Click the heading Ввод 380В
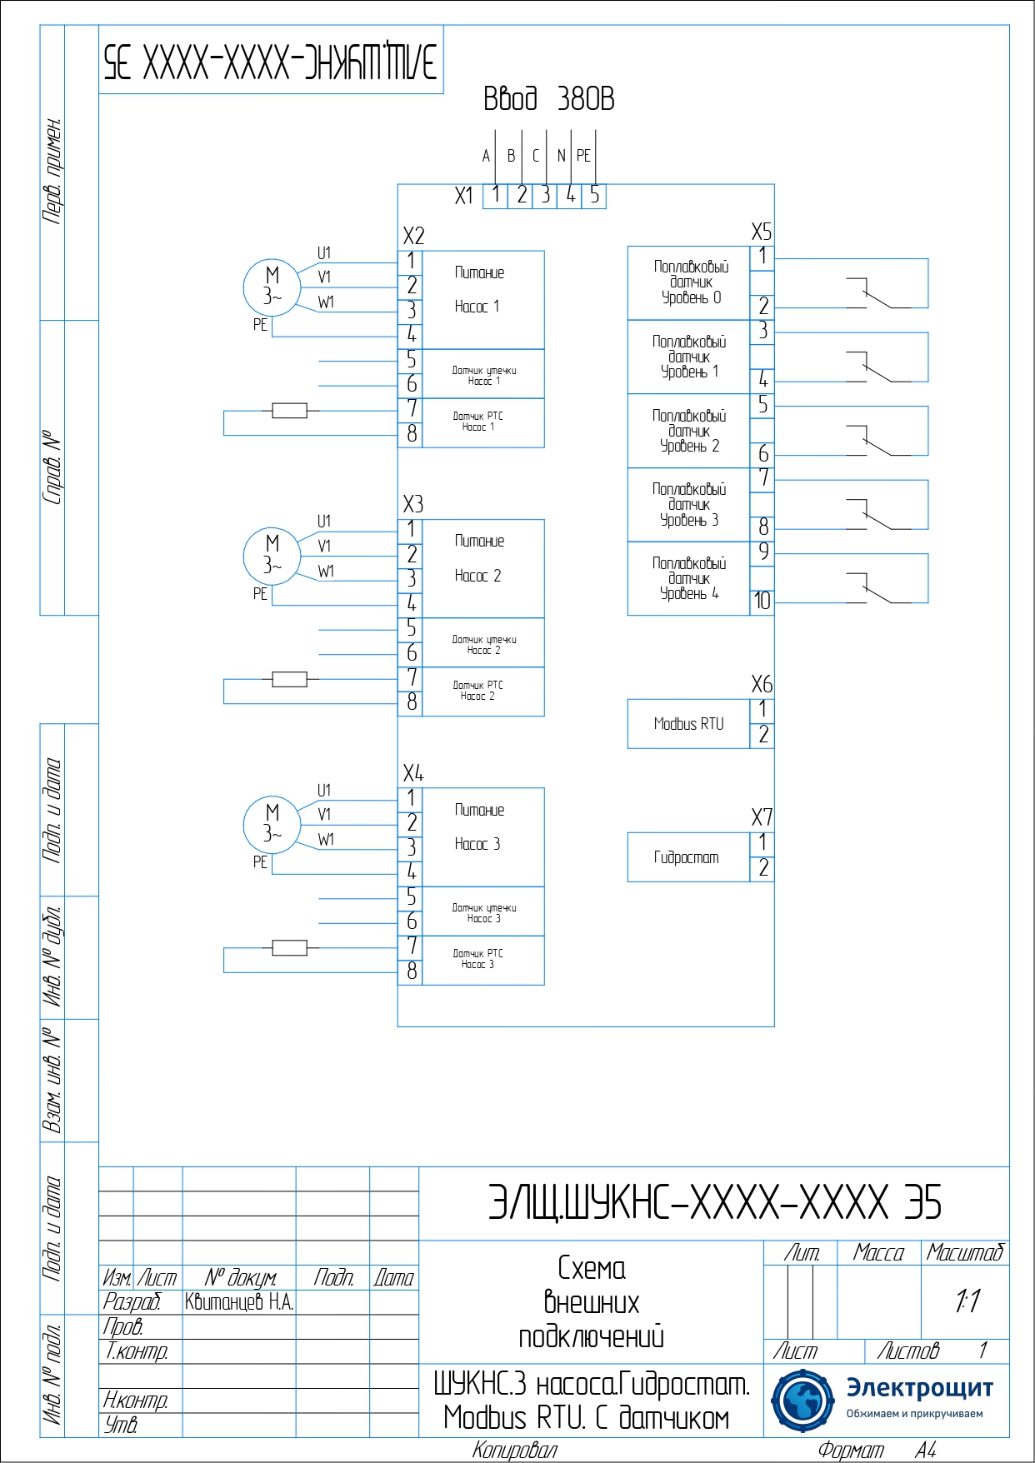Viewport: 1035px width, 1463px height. tap(548, 99)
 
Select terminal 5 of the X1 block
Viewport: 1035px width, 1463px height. tap(594, 196)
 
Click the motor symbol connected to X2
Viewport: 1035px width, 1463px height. tap(272, 287)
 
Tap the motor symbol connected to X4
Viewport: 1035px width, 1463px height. tap(272, 824)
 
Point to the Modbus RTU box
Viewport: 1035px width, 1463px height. tap(688, 724)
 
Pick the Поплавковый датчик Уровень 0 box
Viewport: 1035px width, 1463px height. tap(689, 282)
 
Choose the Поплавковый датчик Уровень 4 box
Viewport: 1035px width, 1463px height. tap(689, 579)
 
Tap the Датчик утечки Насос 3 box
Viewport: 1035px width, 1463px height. tap(483, 911)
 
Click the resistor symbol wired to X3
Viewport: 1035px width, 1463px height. tap(289, 679)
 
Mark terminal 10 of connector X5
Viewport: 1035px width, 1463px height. tap(762, 601)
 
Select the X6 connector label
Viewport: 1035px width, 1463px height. tap(762, 685)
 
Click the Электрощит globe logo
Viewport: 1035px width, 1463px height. tap(802, 1401)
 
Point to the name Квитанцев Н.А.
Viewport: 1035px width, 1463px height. tap(239, 1302)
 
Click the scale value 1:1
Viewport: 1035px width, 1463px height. tap(967, 1301)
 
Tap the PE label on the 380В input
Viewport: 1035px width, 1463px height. tap(583, 156)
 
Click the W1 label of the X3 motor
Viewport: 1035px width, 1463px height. tap(326, 572)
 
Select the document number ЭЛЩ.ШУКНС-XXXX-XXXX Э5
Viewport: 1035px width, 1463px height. tap(714, 1203)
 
